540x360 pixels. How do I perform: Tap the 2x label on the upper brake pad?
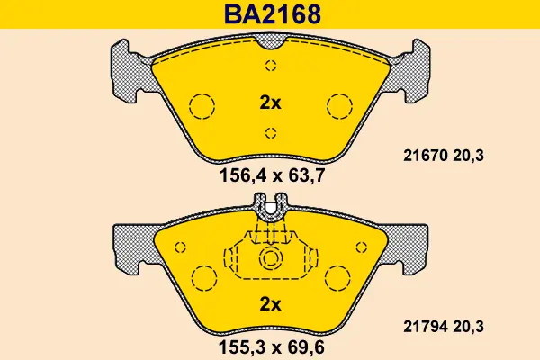[x=270, y=103]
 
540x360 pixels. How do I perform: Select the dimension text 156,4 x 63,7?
[x=271, y=176]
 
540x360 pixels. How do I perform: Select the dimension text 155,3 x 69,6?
[x=271, y=346]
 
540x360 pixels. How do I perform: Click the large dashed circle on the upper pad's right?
[x=340, y=106]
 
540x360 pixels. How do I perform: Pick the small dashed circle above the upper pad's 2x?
[x=270, y=65]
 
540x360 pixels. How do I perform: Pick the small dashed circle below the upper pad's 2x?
[x=270, y=133]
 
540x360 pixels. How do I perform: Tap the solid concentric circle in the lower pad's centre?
[x=270, y=259]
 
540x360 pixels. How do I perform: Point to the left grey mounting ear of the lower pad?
[x=130, y=247]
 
